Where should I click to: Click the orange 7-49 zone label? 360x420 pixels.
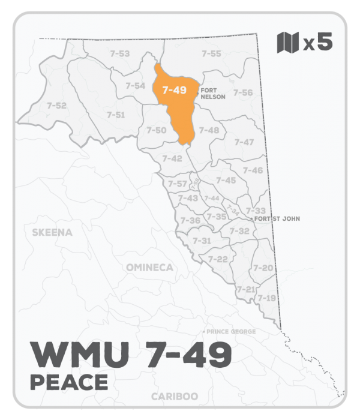[x=174, y=91]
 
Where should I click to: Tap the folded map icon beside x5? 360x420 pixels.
[x=287, y=43]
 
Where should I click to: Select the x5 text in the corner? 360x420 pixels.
[x=317, y=43]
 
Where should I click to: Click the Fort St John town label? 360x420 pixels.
[x=277, y=219]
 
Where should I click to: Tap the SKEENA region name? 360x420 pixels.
[x=52, y=232]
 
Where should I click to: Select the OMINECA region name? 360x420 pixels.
[x=149, y=267]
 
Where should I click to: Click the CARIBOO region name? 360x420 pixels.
[x=175, y=397]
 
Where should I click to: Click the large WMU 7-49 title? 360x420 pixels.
[x=130, y=355]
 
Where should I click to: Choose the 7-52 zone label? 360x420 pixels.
[x=56, y=106]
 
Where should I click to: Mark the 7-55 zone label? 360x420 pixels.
[x=211, y=54]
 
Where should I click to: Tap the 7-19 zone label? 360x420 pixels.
[x=266, y=298]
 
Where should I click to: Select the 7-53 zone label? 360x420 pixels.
[x=120, y=54]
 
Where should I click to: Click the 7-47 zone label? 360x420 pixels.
[x=244, y=142]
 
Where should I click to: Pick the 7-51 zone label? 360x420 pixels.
[x=115, y=115]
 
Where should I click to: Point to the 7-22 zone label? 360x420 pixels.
[x=218, y=259]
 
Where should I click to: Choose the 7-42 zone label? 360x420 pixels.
[x=172, y=158]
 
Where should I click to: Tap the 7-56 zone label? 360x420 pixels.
[x=242, y=92]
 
